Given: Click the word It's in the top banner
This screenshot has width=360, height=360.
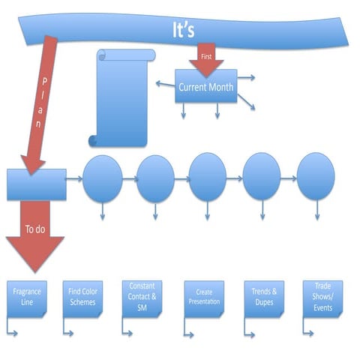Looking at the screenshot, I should pos(183,29).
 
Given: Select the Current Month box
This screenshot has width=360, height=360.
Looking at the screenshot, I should pos(205,87).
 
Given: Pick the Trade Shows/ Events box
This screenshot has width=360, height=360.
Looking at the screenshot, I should pos(322,298).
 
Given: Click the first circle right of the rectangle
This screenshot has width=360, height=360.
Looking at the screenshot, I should pos(102,179).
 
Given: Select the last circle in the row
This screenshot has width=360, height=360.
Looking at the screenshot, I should pos(316,178).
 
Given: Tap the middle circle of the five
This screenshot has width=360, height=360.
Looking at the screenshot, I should pos(208,178).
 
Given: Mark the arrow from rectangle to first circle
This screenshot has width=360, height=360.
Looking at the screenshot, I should pos(73,179).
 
